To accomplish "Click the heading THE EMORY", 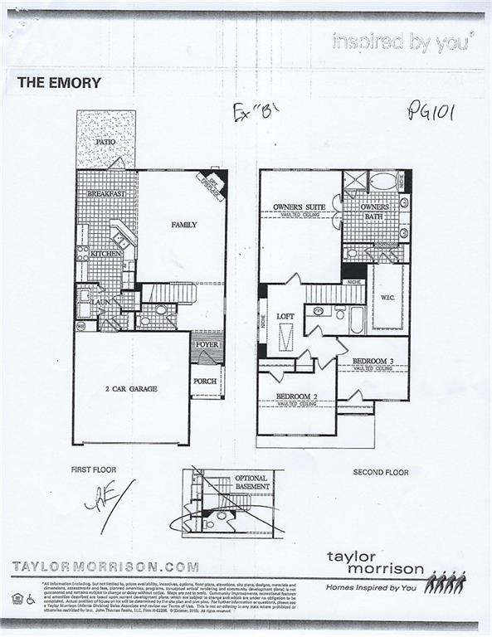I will [59, 83].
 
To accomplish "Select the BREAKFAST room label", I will [106, 194].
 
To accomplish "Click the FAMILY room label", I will [183, 225].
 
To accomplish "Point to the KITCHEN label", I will [106, 254].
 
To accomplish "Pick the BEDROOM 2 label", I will [296, 396].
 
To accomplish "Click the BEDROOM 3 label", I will [373, 362].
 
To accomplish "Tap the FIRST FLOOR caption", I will [92, 470].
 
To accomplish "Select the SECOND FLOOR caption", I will [381, 472].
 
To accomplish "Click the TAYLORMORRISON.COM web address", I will [105, 567].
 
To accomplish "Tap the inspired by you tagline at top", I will [402, 40].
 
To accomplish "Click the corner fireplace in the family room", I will [215, 181].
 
